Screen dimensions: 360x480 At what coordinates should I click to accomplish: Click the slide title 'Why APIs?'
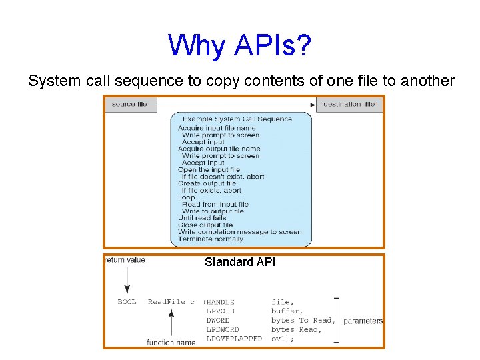tap(239, 45)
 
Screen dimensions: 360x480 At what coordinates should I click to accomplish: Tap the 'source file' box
tap(130, 104)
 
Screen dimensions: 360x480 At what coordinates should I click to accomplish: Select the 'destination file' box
tap(349, 104)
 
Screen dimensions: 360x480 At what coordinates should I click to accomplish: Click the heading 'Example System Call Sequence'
tap(237, 119)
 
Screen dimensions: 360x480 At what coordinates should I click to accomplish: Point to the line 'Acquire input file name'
tap(217, 128)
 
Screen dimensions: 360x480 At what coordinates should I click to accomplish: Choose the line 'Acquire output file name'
tap(219, 149)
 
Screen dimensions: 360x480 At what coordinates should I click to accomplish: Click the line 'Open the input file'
tap(209, 169)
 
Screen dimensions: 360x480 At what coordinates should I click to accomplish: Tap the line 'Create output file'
tap(207, 183)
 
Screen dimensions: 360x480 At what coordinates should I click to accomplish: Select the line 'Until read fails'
tap(202, 218)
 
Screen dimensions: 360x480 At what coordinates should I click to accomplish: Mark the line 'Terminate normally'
tap(211, 239)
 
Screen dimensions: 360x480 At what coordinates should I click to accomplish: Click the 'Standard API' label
tap(239, 262)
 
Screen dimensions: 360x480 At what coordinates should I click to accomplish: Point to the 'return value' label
tap(125, 260)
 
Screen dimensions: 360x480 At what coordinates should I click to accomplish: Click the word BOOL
tap(127, 302)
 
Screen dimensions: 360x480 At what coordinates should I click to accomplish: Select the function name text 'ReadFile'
tap(167, 302)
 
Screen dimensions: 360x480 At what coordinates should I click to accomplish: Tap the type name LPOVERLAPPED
tap(234, 339)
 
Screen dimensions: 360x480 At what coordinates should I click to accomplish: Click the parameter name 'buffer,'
tap(287, 311)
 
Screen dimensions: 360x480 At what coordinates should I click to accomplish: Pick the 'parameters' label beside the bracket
tap(363, 321)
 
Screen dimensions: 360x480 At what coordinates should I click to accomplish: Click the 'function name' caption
tap(171, 343)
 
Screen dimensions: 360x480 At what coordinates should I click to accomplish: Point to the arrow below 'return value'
tap(126, 280)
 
